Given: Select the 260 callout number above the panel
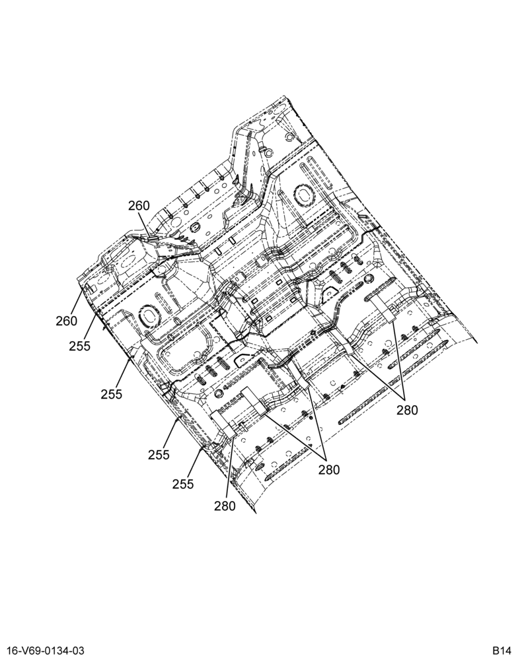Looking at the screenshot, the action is (x=139, y=205).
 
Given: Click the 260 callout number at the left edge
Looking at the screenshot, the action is (x=66, y=321).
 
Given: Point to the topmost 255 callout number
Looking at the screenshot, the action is (x=80, y=346).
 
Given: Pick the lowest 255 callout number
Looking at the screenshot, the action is (x=183, y=484).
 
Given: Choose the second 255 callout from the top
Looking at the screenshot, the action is (x=111, y=394).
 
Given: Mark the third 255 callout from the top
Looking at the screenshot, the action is (x=159, y=455).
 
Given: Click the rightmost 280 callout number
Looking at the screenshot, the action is (x=407, y=410).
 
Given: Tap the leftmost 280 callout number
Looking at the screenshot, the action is (x=225, y=506).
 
